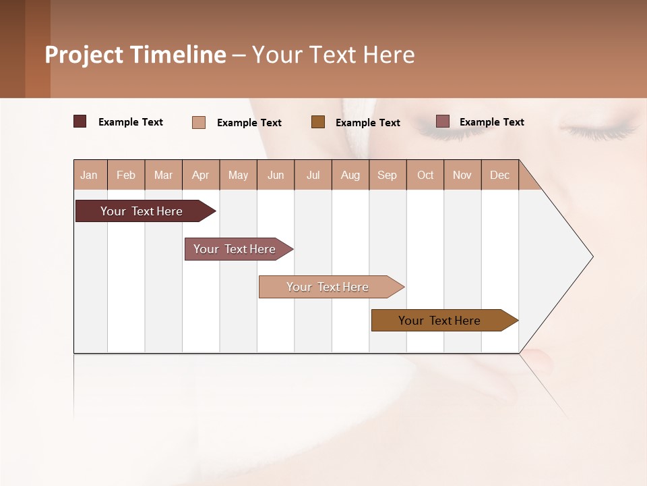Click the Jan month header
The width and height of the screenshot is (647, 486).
(x=90, y=175)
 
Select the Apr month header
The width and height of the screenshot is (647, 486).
(x=200, y=175)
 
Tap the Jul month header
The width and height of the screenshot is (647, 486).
(x=313, y=175)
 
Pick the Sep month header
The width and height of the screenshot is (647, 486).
(x=387, y=175)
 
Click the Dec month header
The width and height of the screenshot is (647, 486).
(x=499, y=175)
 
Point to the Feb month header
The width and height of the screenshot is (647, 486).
(x=126, y=175)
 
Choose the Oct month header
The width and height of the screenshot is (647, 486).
(x=425, y=175)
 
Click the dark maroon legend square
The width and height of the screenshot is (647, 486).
(x=80, y=122)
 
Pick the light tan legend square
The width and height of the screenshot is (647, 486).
(x=199, y=122)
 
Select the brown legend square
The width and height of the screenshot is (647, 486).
(x=318, y=122)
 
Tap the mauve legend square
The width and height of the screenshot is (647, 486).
(x=442, y=122)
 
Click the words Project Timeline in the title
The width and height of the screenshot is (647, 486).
(x=135, y=55)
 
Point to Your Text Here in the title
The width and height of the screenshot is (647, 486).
(x=334, y=55)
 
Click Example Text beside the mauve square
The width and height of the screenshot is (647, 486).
(x=491, y=122)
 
